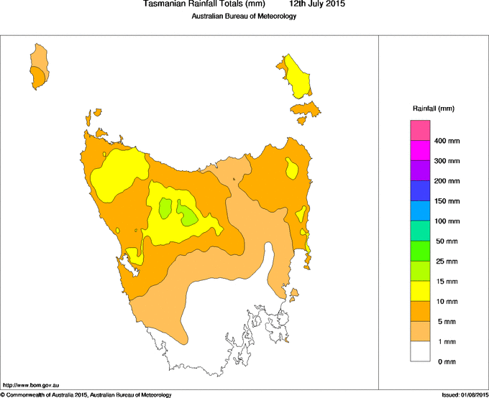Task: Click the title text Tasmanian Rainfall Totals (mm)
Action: pos(204,4)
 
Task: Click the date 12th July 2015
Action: pos(317,4)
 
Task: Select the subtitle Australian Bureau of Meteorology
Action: pos(244,16)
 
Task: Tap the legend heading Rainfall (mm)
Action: pos(433,108)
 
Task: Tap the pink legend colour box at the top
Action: pos(420,130)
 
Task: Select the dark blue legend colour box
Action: pos(420,190)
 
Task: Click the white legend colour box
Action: pos(420,351)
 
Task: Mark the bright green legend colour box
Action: pos(420,250)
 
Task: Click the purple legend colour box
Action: pos(420,170)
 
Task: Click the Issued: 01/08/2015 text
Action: pos(465,394)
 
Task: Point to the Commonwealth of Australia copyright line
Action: pos(86,394)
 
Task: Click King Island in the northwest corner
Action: pos(39,66)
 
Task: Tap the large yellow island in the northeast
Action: pos(298,75)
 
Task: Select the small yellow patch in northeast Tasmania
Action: pos(292,170)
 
